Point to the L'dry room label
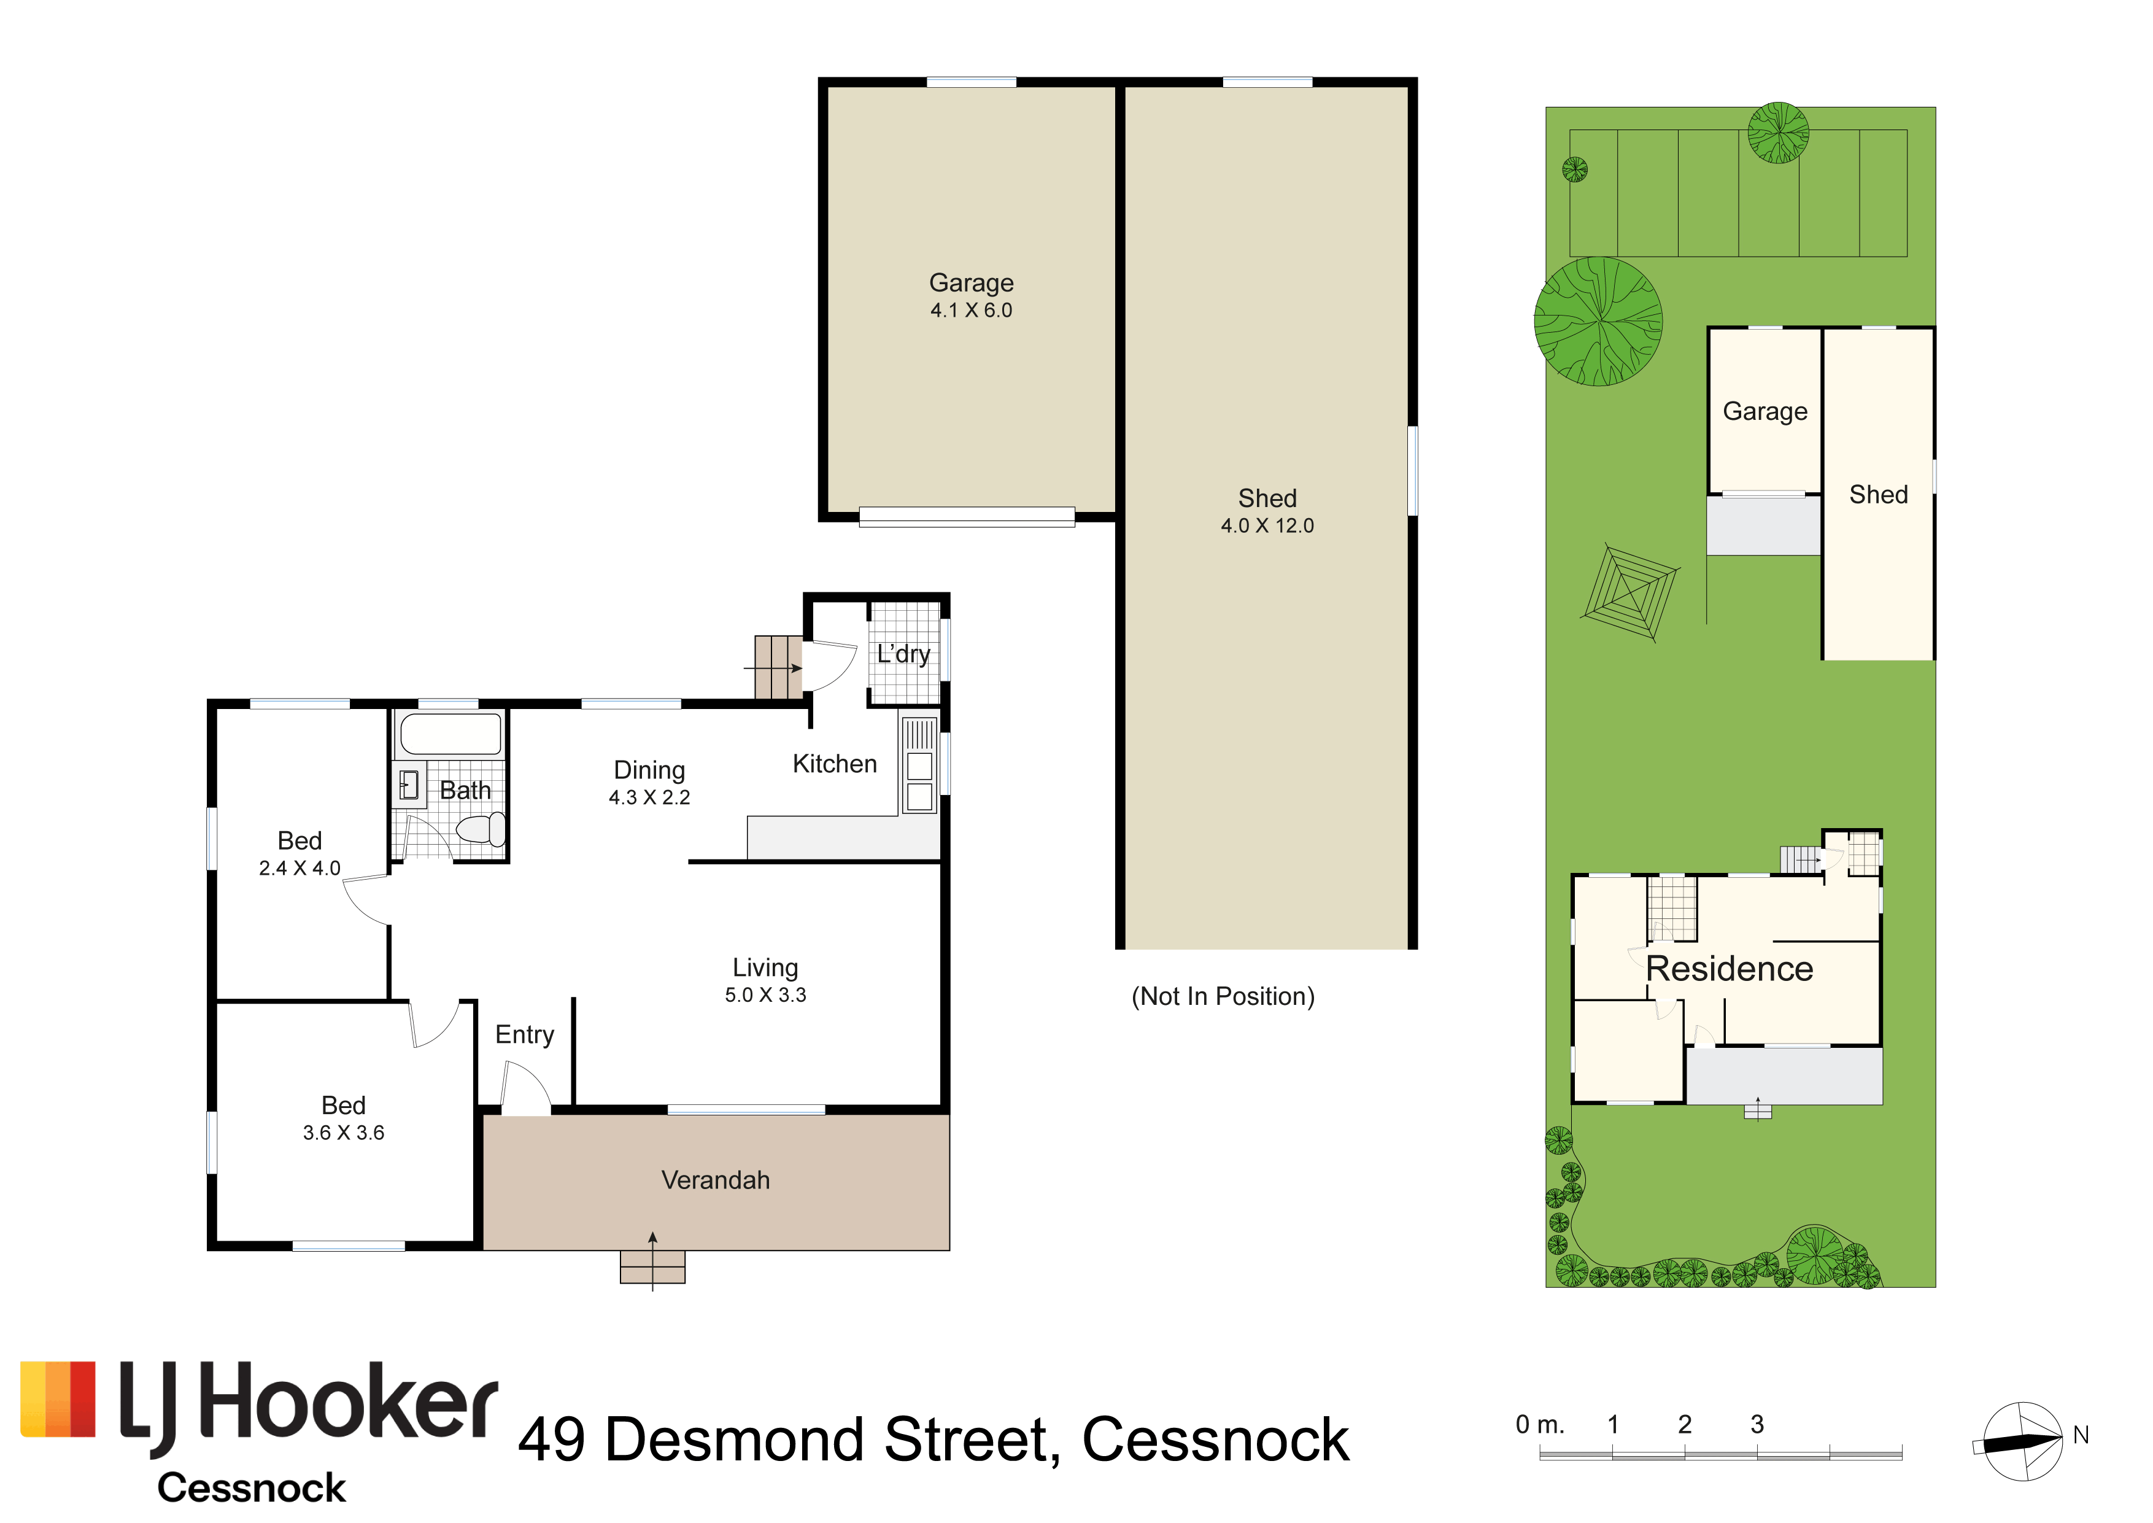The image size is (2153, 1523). point(903,654)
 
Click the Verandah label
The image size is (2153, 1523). point(716,1180)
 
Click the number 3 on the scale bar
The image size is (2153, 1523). point(1757,1425)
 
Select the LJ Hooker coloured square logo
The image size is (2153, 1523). point(58,1399)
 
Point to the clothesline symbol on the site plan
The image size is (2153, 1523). point(1629,593)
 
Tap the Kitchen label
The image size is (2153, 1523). point(835,764)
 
